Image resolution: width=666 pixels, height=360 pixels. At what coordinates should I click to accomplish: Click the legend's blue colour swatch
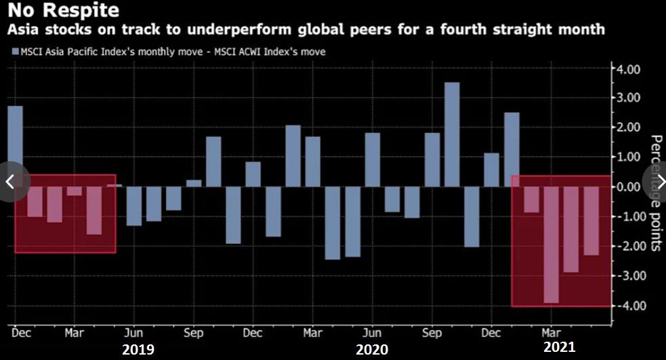(x=14, y=52)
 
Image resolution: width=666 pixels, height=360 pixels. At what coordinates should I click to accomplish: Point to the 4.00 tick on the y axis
(x=627, y=68)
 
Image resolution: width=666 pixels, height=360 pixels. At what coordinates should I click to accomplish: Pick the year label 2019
(x=138, y=349)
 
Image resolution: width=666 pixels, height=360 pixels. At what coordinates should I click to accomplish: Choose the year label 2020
(x=372, y=349)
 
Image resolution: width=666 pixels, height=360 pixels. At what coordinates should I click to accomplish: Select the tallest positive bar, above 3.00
(x=452, y=134)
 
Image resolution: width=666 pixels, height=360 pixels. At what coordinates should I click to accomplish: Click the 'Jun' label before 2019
(x=134, y=333)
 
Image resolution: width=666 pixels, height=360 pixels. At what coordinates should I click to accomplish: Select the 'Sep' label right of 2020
(x=432, y=333)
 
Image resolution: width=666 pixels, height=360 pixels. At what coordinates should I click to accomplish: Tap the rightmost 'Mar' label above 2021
(x=551, y=333)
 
